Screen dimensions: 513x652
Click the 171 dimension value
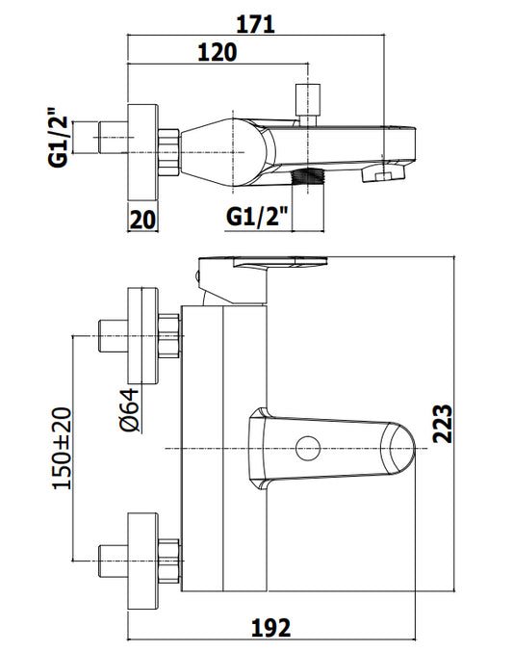pos(256,24)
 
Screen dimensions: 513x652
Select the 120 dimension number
pos(217,52)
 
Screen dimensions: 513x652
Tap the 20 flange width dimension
pos(142,220)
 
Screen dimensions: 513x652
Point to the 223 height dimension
pos(442,424)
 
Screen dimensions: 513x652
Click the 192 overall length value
pos(270,628)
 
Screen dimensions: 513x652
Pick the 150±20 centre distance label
pos(62,448)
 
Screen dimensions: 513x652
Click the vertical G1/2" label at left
pos(58,138)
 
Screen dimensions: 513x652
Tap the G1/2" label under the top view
pos(257,217)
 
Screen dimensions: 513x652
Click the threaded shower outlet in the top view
pos(308,176)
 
